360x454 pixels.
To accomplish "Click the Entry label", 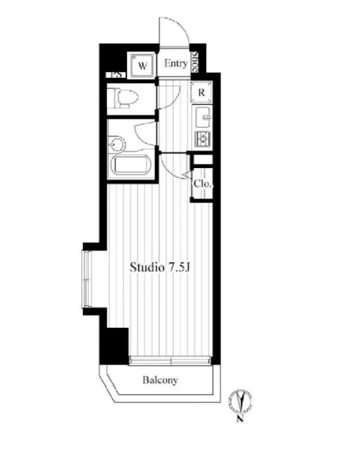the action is pyautogui.click(x=176, y=64).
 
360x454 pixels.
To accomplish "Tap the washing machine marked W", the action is pyautogui.click(x=142, y=66).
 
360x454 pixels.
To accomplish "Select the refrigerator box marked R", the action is pyautogui.click(x=201, y=92).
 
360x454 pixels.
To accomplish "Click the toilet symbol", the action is pyautogui.click(x=123, y=97).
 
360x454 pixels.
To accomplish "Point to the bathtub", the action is pyautogui.click(x=132, y=165).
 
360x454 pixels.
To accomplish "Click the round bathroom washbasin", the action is pyautogui.click(x=117, y=144).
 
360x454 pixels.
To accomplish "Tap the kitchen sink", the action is pyautogui.click(x=203, y=117).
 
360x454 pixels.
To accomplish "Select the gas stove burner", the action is pyautogui.click(x=203, y=139).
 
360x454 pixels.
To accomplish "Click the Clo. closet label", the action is pyautogui.click(x=203, y=183).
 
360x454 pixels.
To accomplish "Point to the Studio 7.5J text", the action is pyautogui.click(x=159, y=267).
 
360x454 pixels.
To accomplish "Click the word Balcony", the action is pyautogui.click(x=160, y=380).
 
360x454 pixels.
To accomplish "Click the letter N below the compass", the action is pyautogui.click(x=240, y=419).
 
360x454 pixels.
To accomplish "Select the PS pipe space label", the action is pyautogui.click(x=117, y=74).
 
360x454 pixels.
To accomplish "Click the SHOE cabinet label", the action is pyautogui.click(x=195, y=62).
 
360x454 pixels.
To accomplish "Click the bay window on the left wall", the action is pyautogui.click(x=87, y=279).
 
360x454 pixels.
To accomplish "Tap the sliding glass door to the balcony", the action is pyautogui.click(x=170, y=360).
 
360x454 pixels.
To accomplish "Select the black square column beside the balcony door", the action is pyautogui.click(x=115, y=346).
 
